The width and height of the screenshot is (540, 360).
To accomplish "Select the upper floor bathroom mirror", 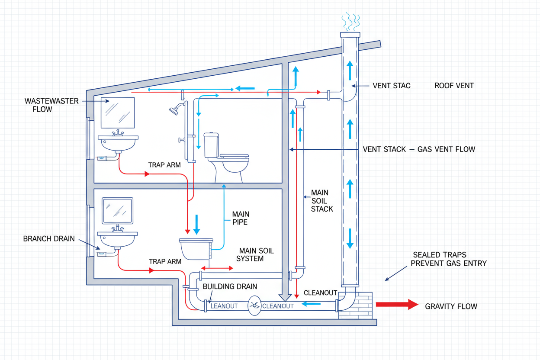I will pyautogui.click(x=117, y=112).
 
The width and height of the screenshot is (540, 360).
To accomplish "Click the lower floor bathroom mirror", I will pyautogui.click(x=117, y=211).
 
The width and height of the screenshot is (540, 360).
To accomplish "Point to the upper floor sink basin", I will pyautogui.click(x=118, y=142).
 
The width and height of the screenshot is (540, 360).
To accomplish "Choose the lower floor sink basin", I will pyautogui.click(x=118, y=238).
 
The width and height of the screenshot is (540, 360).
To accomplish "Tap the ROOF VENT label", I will pyautogui.click(x=454, y=86).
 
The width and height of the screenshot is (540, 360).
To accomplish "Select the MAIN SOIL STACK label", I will pyautogui.click(x=322, y=201).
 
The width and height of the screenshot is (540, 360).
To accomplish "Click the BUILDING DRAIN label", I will pyautogui.click(x=230, y=286).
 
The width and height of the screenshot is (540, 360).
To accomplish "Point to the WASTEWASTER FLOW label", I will pyautogui.click(x=51, y=105).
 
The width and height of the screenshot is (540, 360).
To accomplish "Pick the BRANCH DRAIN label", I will pyautogui.click(x=49, y=239).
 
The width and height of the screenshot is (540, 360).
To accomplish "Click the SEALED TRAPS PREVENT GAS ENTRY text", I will pyautogui.click(x=449, y=259).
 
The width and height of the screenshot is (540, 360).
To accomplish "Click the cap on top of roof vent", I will pyautogui.click(x=350, y=35).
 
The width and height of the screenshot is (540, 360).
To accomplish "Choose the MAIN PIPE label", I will pyautogui.click(x=241, y=218).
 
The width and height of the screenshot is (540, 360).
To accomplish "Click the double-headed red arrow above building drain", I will pyautogui.click(x=217, y=268).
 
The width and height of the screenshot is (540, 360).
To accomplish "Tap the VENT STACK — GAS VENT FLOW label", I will pyautogui.click(x=419, y=149).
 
